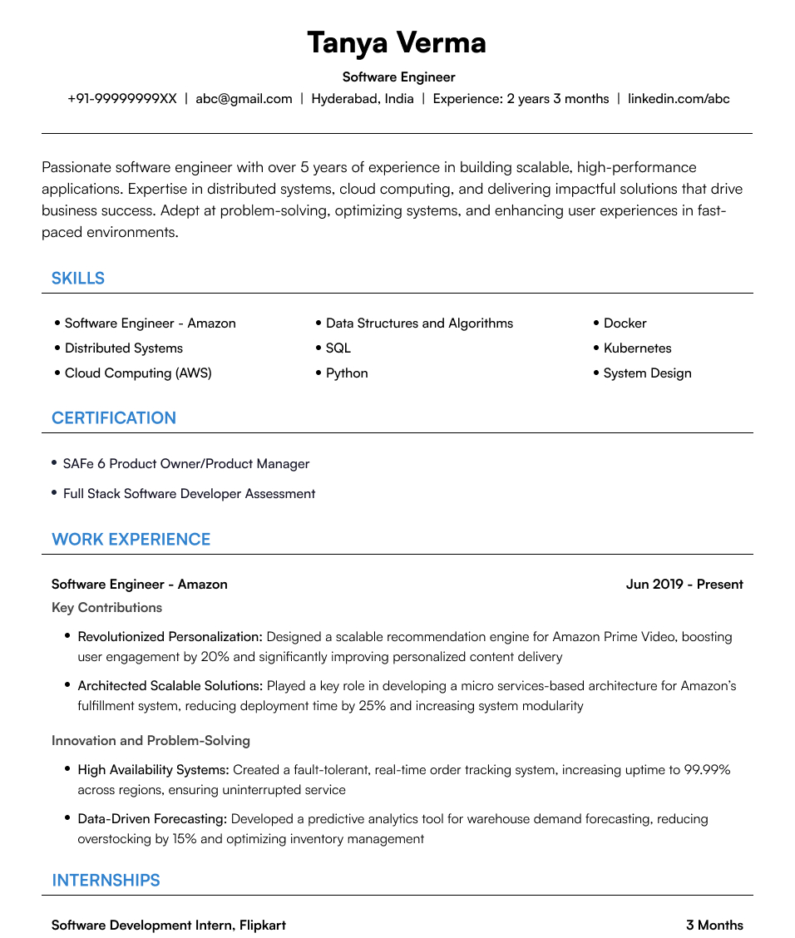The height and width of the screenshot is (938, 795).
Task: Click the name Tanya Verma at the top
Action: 397,42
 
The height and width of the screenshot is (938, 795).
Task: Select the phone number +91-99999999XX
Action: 122,99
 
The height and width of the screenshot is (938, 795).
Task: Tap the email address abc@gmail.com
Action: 244,99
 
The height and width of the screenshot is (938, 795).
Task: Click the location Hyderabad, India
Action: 362,99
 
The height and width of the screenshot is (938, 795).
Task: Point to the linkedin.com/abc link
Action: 679,99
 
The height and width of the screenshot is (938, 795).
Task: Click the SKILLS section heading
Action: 78,279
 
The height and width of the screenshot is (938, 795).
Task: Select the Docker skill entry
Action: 625,323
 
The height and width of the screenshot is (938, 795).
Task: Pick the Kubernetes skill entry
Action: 637,348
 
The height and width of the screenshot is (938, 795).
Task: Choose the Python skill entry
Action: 347,373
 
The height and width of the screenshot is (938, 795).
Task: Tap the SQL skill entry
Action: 338,348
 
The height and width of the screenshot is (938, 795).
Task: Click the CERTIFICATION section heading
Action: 114,418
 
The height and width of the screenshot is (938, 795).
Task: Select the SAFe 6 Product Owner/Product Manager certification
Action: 186,464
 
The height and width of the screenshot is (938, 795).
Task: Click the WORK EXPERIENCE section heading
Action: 131,540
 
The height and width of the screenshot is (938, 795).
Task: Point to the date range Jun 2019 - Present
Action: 684,585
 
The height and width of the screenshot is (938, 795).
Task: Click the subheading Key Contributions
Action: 106,608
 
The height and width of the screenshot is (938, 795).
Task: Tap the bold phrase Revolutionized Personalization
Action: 170,637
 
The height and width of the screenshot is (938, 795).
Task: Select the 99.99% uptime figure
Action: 707,770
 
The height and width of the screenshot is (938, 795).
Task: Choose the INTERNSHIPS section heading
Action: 106,881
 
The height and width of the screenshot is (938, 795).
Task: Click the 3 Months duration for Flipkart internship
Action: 714,926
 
